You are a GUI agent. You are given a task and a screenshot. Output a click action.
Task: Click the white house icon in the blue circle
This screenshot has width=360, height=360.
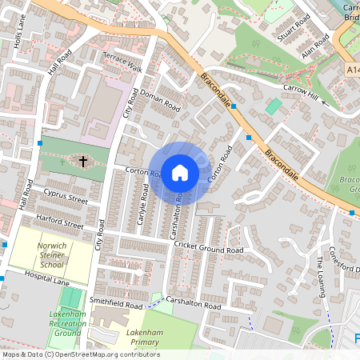point(180,172)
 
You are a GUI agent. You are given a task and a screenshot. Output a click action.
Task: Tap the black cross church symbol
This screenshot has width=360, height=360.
point(82,161)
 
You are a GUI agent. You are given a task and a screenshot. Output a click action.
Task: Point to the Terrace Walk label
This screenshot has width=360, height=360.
point(122,62)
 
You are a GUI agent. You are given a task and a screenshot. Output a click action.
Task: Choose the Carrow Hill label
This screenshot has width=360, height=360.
point(301,92)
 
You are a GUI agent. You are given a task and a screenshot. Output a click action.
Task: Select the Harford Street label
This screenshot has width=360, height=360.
point(58,221)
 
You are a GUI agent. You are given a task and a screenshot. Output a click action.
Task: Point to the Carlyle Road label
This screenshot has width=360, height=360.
point(143,204)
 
